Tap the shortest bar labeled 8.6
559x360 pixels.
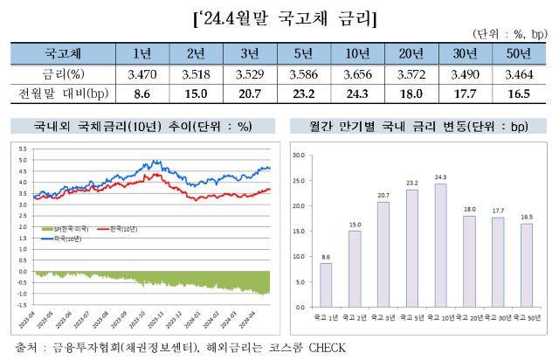click(326, 285)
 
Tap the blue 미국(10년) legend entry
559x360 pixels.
click(68, 237)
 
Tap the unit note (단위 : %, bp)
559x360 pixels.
click(509, 34)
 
